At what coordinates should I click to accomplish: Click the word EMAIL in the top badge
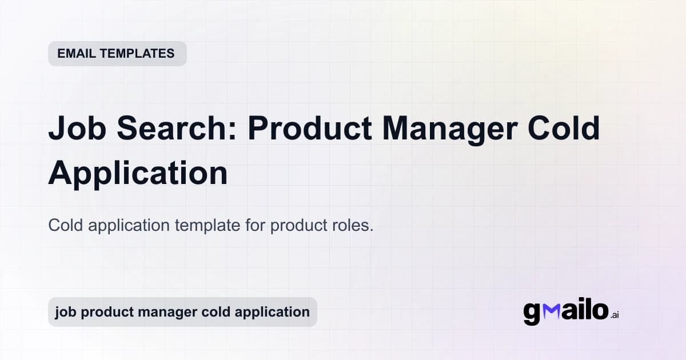(x=77, y=54)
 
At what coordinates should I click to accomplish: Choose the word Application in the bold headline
(x=138, y=173)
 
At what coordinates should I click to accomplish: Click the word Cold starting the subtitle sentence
(x=66, y=225)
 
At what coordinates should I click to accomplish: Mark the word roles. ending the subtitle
(x=352, y=225)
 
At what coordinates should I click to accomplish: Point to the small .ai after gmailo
(x=615, y=315)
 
